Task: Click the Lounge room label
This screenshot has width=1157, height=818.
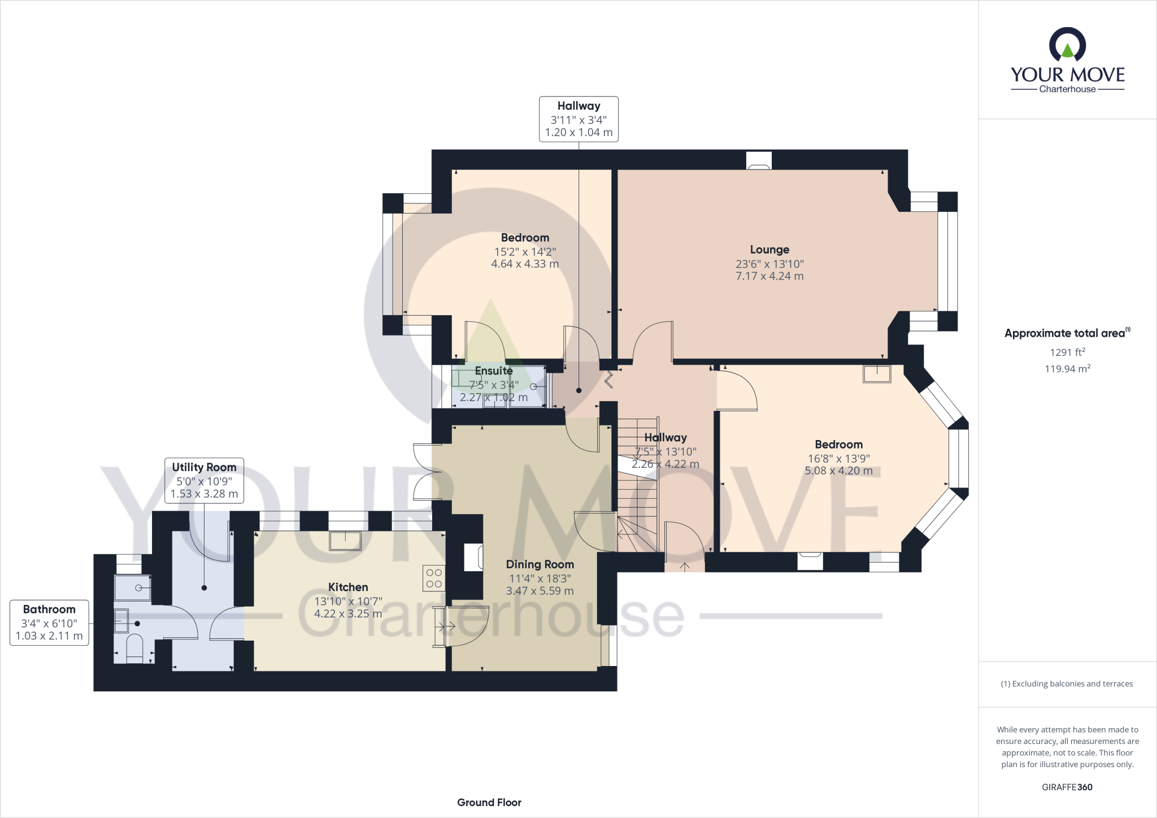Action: coord(769,250)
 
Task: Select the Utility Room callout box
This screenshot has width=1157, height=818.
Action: coord(204,480)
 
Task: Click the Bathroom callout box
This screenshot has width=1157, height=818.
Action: coord(49,623)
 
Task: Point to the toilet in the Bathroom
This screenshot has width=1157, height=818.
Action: coord(134,649)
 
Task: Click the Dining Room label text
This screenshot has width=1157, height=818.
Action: coord(540,564)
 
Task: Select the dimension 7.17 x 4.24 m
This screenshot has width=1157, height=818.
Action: coord(769,276)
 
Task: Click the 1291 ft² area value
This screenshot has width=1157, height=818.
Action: coord(1067,353)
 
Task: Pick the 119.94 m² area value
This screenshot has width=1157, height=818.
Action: coord(1067,369)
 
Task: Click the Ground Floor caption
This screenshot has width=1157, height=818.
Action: coord(489,803)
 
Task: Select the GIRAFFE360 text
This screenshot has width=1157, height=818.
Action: coord(1067,787)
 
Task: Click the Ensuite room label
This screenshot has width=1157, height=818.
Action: coord(494,371)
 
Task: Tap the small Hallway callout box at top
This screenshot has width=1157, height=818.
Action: coord(578,119)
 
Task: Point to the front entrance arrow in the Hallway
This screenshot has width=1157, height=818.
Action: coord(685,567)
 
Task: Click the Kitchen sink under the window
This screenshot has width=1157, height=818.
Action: coord(346,541)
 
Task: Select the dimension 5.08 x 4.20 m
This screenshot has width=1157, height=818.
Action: coord(838,471)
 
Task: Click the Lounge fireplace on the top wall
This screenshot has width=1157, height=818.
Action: coord(759,162)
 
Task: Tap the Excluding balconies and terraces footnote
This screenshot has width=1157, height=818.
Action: coord(1067,684)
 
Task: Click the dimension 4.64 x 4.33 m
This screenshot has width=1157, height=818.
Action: coord(525,264)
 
